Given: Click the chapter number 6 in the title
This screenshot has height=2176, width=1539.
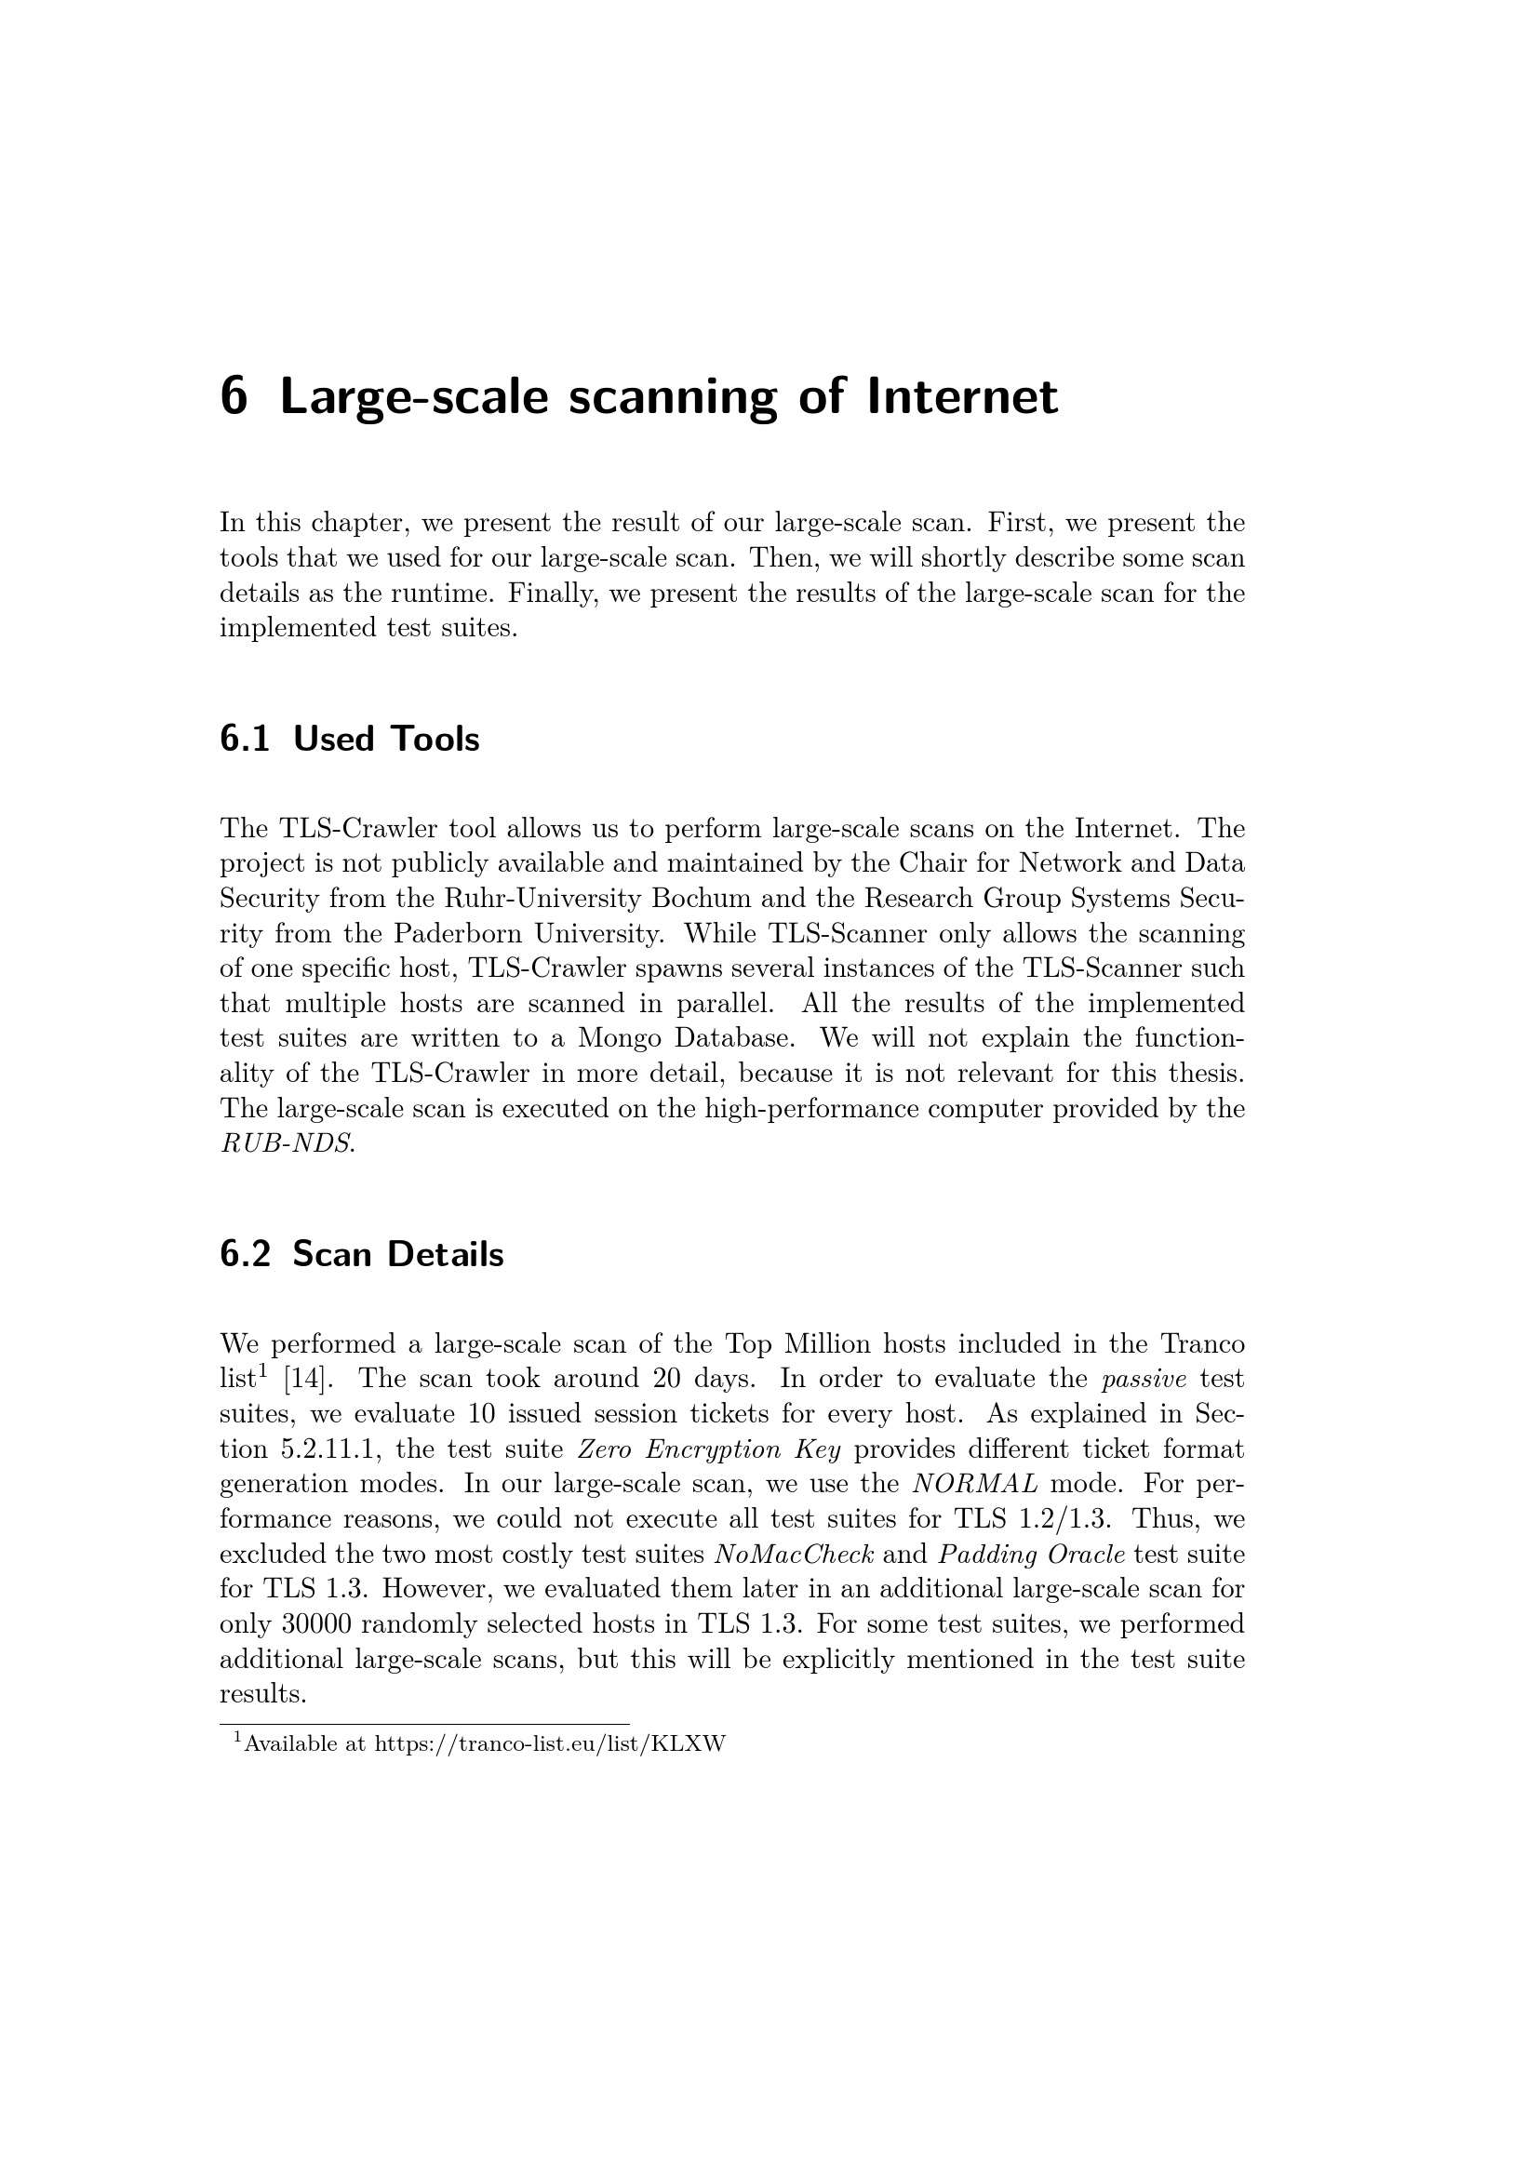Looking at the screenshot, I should (x=234, y=396).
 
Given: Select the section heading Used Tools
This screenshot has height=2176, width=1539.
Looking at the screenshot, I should (x=386, y=740).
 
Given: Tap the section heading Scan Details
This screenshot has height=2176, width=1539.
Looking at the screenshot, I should (x=397, y=1255).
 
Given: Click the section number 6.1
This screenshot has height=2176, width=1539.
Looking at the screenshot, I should (x=245, y=740).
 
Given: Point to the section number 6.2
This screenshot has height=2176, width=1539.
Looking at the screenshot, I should (x=245, y=1255).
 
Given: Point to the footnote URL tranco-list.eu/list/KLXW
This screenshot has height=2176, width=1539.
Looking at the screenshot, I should (x=550, y=1744).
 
